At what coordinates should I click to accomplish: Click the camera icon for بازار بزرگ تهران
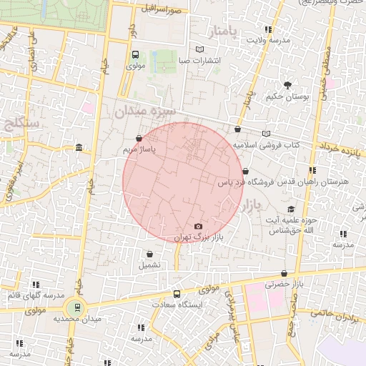point(198,227)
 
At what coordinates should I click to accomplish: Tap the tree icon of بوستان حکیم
point(287,85)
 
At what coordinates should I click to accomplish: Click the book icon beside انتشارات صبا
point(199,49)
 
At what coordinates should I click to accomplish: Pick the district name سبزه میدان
point(141,112)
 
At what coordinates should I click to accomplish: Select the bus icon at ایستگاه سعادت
point(177,294)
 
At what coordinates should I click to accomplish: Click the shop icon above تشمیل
point(149,254)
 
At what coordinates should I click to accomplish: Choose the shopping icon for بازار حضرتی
point(285,273)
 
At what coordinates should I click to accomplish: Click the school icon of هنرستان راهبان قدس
point(312,170)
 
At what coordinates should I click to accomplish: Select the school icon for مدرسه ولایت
point(268,29)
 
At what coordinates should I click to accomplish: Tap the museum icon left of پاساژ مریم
point(78,148)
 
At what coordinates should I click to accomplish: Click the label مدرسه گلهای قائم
point(35,295)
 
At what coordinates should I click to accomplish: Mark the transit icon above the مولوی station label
point(136,54)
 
